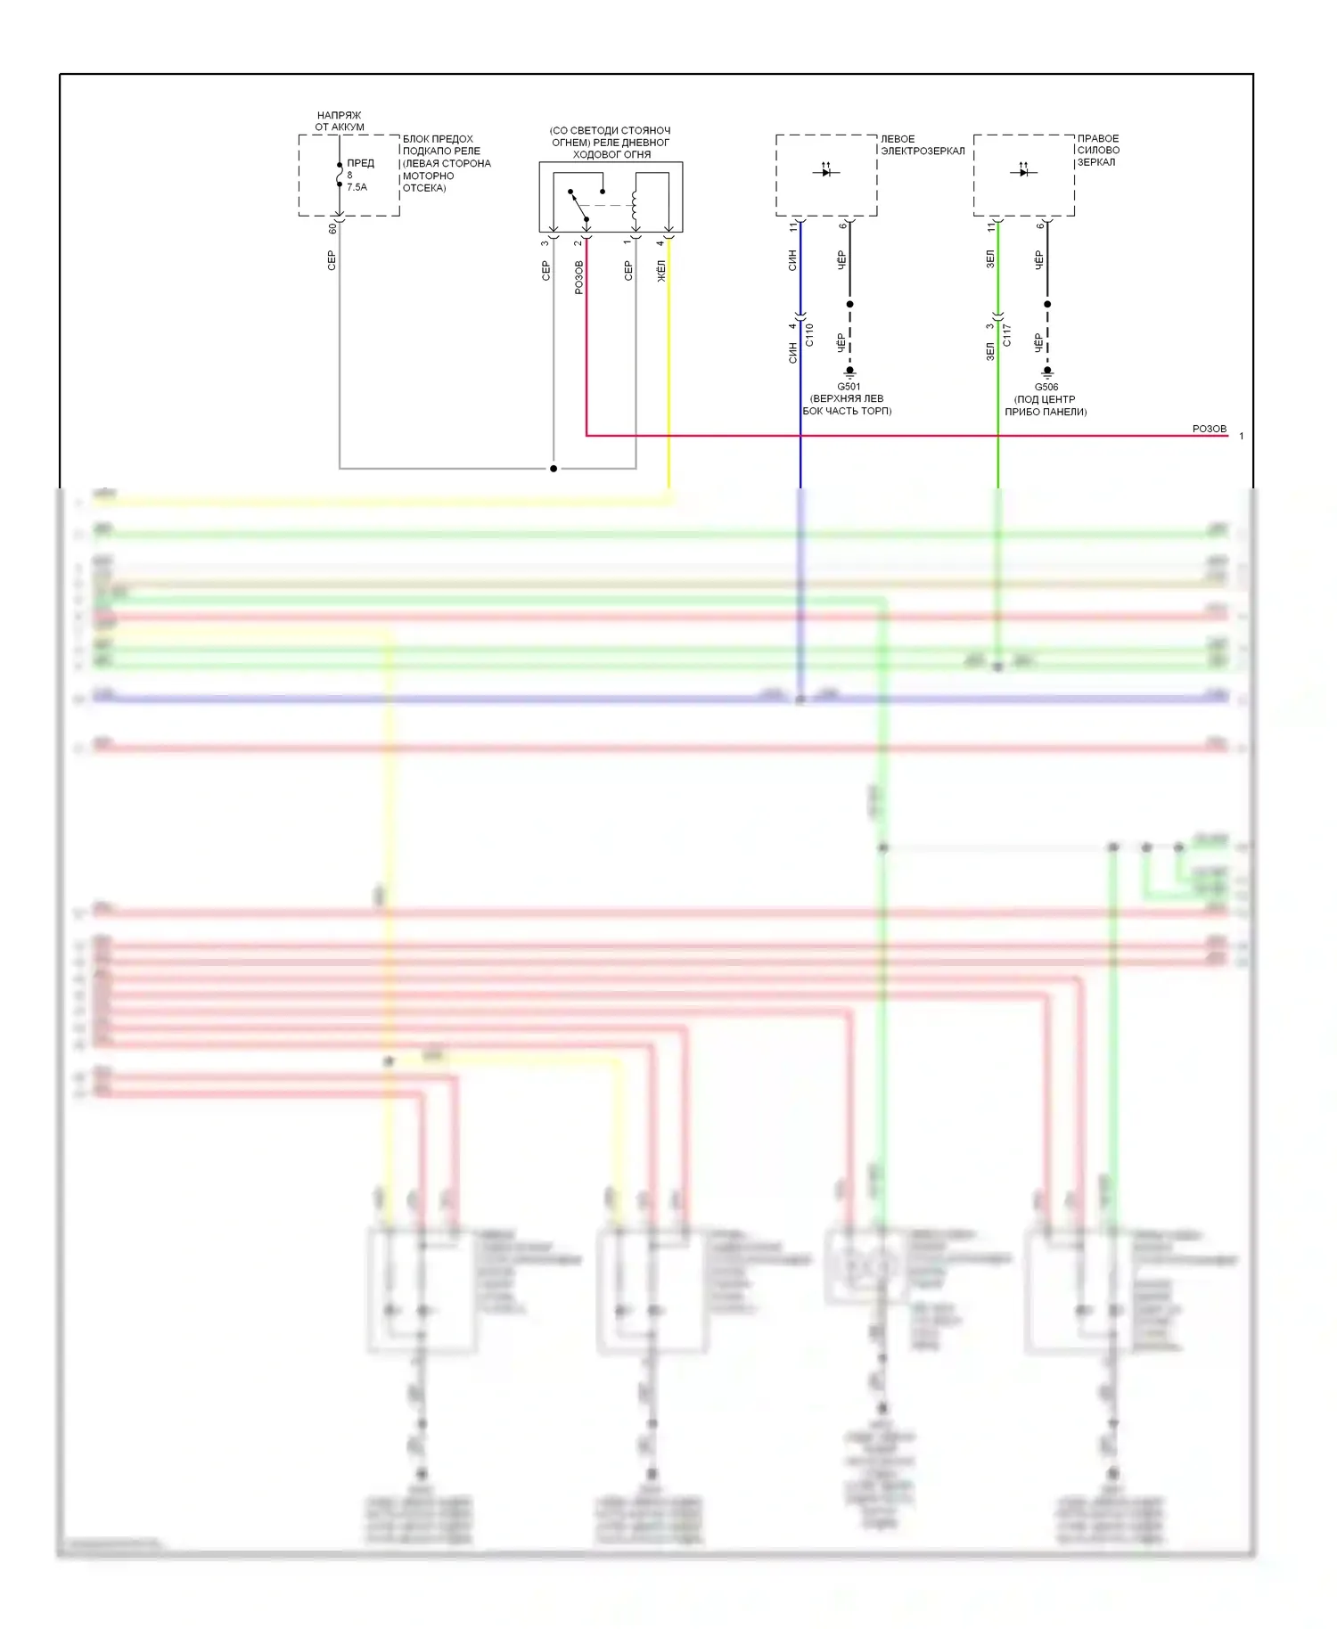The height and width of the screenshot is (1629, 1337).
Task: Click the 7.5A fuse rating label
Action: [357, 187]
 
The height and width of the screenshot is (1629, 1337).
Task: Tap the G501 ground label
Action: [849, 387]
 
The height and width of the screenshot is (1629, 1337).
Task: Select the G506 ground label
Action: [1046, 387]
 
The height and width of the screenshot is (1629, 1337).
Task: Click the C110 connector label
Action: [809, 335]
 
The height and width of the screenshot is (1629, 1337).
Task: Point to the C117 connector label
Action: [1006, 335]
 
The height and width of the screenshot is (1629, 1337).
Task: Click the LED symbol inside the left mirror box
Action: [826, 170]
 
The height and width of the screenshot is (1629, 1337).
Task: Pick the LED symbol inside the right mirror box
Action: [1023, 170]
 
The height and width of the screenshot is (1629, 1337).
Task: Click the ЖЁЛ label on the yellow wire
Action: [661, 271]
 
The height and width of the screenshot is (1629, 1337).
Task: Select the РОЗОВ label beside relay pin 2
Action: [578, 277]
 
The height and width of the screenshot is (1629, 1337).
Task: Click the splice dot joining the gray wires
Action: [554, 468]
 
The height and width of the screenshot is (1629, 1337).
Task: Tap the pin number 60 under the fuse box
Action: [332, 229]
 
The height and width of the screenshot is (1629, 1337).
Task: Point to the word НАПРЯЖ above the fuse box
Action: [340, 115]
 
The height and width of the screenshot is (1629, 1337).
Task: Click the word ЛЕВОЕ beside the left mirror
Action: [898, 139]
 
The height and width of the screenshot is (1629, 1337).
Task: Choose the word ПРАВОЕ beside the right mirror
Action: [1098, 138]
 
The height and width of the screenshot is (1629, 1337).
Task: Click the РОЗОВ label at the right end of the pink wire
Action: [1210, 429]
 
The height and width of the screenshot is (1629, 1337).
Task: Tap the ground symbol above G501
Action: [850, 372]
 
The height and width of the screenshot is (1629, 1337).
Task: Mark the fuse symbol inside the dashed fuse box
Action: [340, 176]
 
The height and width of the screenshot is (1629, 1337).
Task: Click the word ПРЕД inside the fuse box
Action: [361, 163]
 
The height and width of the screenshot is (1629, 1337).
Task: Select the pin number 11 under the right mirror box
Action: [990, 228]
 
